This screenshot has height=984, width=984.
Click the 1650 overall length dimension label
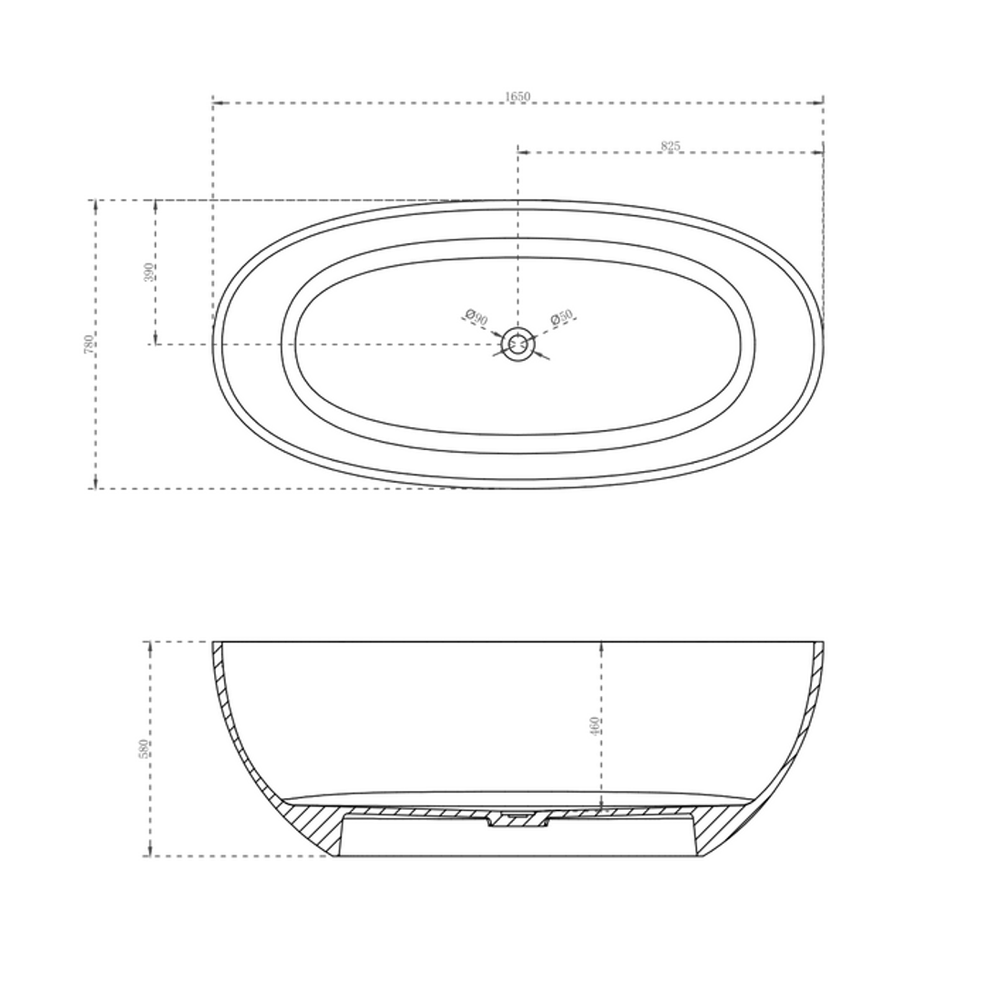tap(517, 97)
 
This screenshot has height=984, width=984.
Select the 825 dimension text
tap(671, 146)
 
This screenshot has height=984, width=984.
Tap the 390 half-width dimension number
tap(149, 272)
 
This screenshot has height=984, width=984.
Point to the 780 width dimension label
tap(89, 343)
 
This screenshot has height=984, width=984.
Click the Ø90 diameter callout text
tap(477, 318)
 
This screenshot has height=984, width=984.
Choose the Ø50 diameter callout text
tap(561, 317)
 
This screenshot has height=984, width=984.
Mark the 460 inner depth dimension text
tap(595, 725)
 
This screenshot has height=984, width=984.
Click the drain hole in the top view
tap(518, 344)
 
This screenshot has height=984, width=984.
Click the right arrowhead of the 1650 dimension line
tap(819, 103)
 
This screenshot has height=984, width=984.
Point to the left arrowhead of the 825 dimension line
tap(522, 152)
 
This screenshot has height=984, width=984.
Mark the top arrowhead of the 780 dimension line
tap(96, 204)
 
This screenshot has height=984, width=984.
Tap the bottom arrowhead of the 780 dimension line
tap(96, 484)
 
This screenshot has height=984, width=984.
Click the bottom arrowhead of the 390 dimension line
tap(155, 340)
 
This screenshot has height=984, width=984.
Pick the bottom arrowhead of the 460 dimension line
tap(601, 805)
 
